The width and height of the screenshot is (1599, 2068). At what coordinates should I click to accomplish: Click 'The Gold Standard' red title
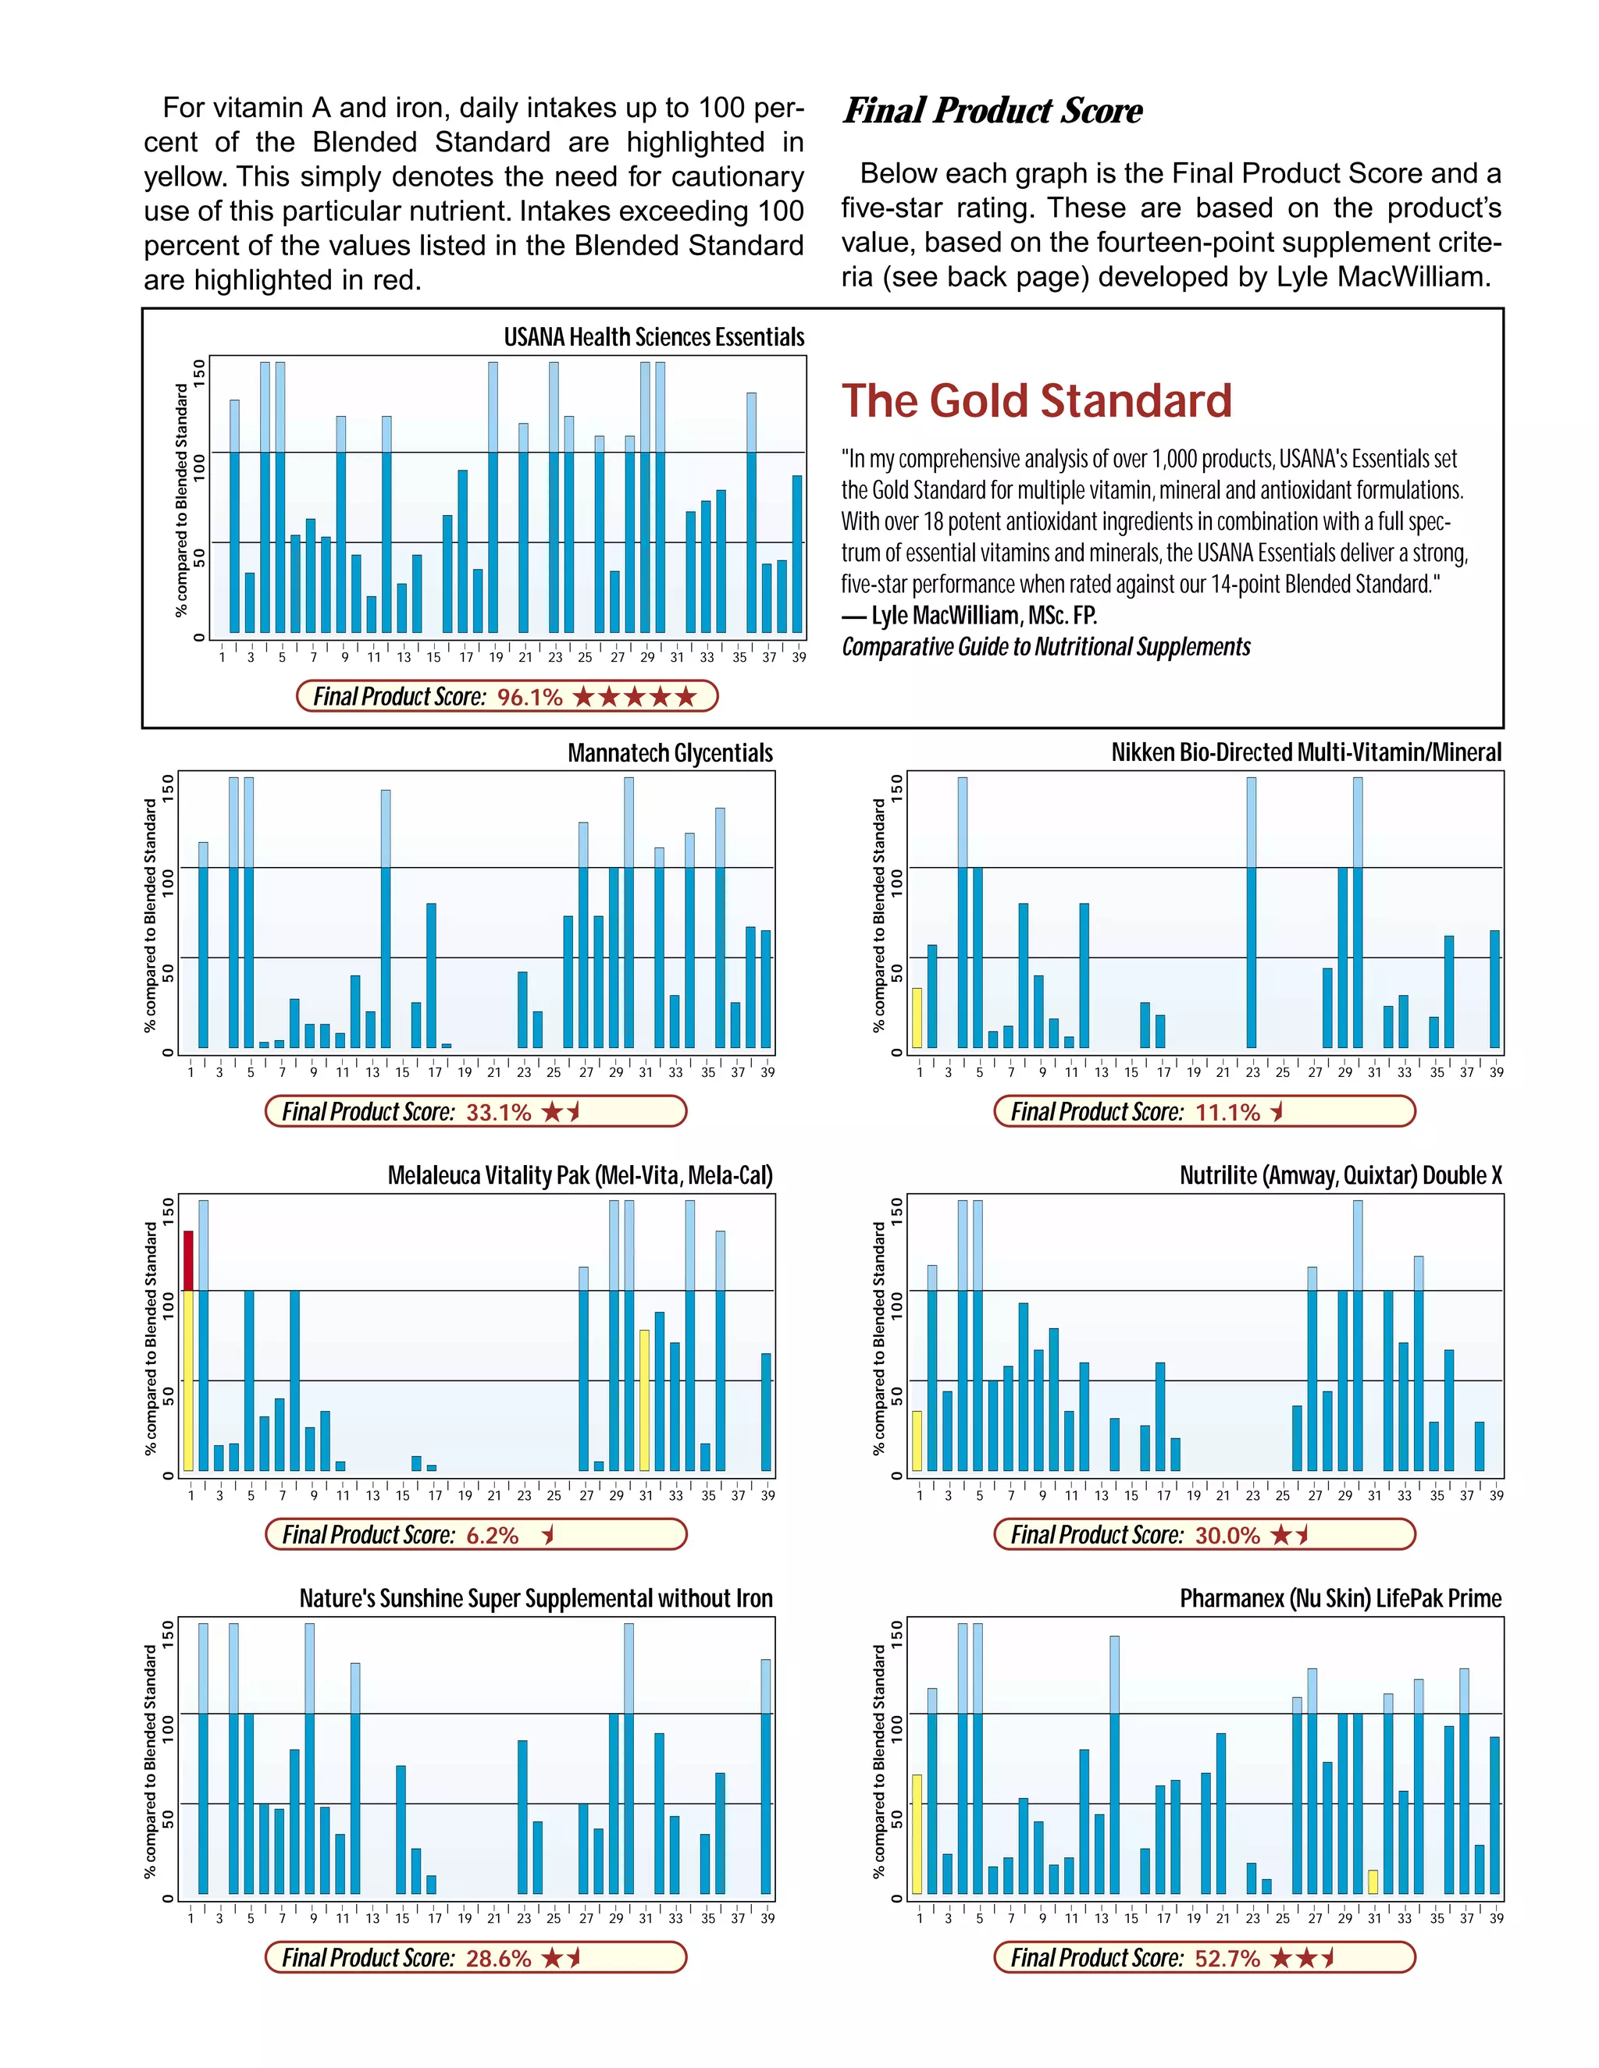coord(1036,400)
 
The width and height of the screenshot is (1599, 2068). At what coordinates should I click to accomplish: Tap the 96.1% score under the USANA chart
coord(529,697)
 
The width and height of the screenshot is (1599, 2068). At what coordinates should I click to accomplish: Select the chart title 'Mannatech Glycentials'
coord(670,753)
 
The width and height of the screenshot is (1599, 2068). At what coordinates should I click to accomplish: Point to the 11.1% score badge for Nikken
coord(1227,1111)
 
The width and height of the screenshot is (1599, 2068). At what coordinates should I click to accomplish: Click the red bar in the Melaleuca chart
coord(188,1260)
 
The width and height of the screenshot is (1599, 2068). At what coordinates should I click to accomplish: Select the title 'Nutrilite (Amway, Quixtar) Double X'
coord(1340,1175)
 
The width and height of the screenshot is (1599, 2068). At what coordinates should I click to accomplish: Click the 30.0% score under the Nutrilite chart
coord(1227,1535)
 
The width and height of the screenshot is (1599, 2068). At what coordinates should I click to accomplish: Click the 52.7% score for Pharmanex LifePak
coord(1227,1958)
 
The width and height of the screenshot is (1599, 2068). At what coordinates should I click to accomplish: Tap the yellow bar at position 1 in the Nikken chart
coord(917,1018)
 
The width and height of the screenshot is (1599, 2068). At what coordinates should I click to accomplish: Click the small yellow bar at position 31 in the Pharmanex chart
coord(1373,1881)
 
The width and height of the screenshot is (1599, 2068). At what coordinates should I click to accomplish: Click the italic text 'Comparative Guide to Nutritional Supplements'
coord(1045,647)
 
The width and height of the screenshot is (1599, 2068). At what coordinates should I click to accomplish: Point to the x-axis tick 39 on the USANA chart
coord(799,657)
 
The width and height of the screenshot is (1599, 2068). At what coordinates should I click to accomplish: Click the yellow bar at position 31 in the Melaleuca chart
coord(644,1399)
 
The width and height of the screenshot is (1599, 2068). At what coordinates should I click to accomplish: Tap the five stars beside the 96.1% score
coord(634,697)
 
